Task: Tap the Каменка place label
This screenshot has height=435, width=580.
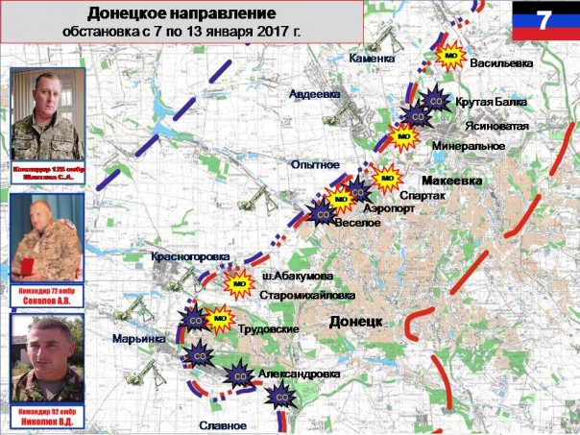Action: pos(371,59)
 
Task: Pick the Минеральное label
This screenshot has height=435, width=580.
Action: pos(469,145)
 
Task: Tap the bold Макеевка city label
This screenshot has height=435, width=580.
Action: pos(451,180)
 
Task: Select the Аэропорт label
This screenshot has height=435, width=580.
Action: pos(391,207)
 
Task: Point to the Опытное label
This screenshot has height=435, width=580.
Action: pos(316,165)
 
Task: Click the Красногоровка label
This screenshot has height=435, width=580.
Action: pos(190,257)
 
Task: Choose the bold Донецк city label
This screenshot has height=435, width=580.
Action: pos(356,320)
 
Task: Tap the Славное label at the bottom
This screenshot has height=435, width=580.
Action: pos(225,425)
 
